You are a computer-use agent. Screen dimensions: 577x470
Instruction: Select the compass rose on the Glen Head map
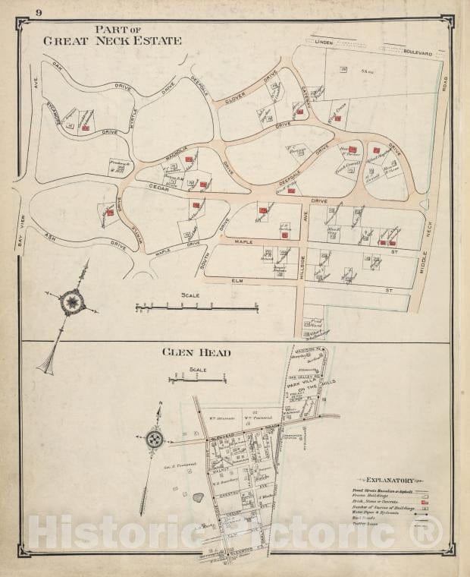(155, 438)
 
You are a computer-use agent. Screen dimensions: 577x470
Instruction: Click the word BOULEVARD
(418, 53)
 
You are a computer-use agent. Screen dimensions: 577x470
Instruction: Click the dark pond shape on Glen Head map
(198, 497)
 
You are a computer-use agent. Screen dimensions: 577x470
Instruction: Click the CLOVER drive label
(233, 99)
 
